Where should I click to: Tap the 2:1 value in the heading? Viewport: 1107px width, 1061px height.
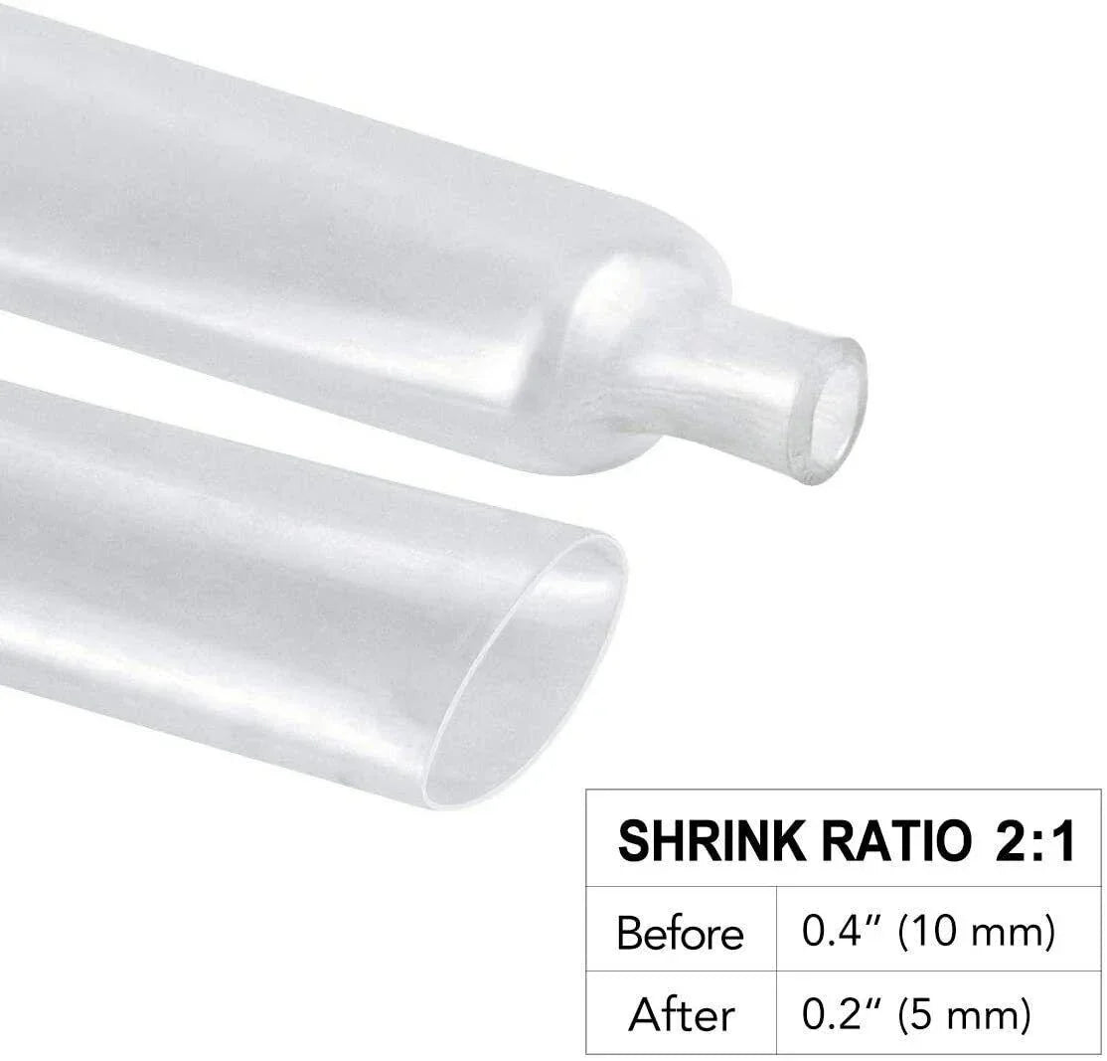pos(1034,841)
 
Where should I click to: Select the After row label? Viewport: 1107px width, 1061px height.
pos(681,1015)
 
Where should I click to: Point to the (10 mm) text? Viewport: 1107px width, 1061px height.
pos(975,933)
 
